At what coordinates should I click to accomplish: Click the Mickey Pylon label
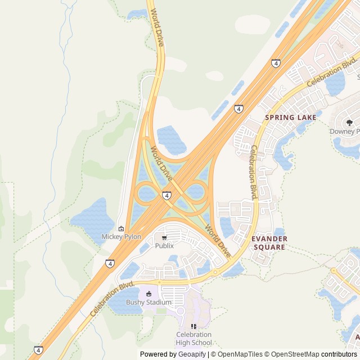click(121, 237)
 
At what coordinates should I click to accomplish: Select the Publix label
click(164, 245)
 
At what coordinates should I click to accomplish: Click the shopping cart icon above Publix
click(164, 238)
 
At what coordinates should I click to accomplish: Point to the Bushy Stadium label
click(148, 302)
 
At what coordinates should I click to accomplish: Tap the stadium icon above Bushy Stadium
click(148, 294)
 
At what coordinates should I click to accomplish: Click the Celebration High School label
click(194, 339)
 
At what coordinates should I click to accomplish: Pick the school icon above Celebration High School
click(194, 326)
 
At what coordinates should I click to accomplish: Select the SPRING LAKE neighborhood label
click(290, 118)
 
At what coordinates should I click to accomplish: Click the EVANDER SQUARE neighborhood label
click(270, 243)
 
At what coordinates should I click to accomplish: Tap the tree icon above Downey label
click(349, 123)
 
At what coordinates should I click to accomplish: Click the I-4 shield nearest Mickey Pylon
click(110, 263)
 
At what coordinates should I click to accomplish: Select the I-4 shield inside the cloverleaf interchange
click(166, 195)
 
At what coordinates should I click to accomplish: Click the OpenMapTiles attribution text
click(240, 354)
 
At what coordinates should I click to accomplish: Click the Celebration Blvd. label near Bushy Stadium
click(112, 298)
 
